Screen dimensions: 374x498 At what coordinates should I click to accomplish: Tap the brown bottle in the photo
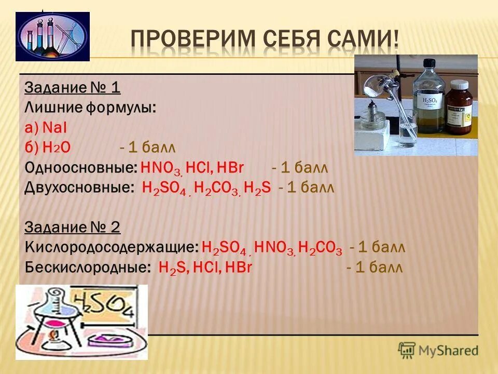pyautogui.click(x=461, y=108)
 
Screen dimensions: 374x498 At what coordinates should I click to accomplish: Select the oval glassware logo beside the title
pyautogui.click(x=52, y=36)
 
